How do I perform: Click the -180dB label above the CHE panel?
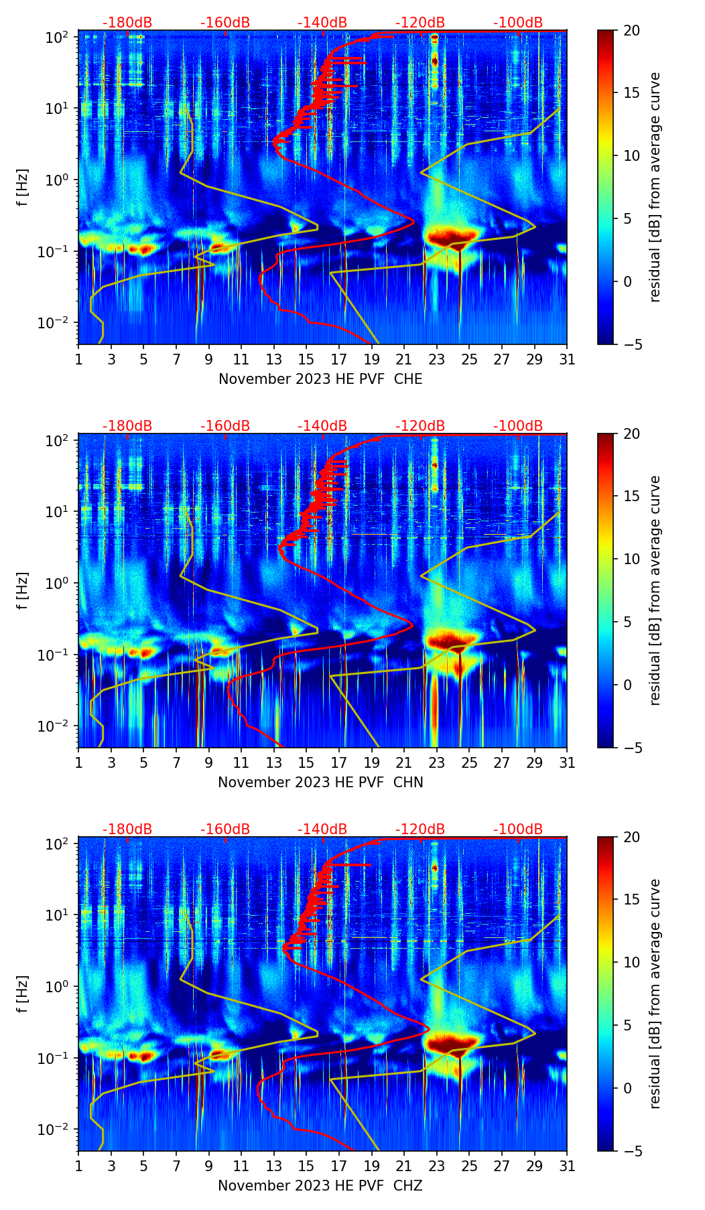[127, 23]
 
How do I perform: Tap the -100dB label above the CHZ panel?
[518, 829]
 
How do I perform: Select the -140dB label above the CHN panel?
[322, 426]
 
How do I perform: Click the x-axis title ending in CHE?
[320, 379]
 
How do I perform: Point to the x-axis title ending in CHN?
[320, 783]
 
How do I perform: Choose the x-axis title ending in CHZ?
[320, 1186]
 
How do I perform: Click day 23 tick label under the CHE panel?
[437, 360]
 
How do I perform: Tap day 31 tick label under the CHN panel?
[567, 763]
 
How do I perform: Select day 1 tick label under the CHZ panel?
[79, 1166]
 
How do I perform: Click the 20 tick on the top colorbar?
[631, 30]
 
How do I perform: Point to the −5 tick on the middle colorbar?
[631, 748]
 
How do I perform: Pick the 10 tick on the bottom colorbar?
[631, 963]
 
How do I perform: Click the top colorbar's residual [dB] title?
[655, 187]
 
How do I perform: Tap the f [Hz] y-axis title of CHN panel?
[23, 590]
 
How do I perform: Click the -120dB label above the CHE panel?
[420, 23]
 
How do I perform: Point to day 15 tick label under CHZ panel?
[306, 1166]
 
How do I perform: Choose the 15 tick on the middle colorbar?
[631, 496]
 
